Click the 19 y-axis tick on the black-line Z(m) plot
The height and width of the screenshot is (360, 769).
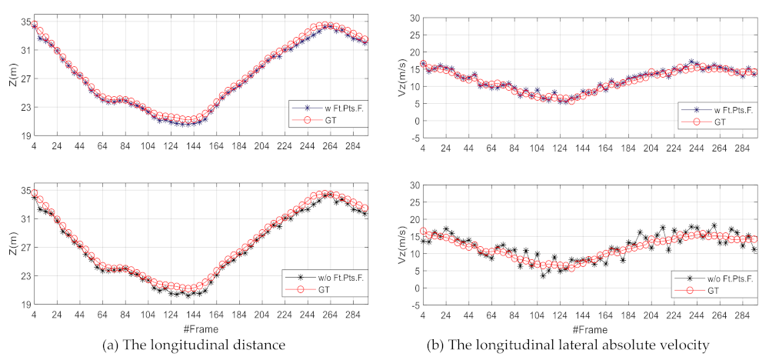(23, 305)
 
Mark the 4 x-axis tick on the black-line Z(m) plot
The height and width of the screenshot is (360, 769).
(34, 315)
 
